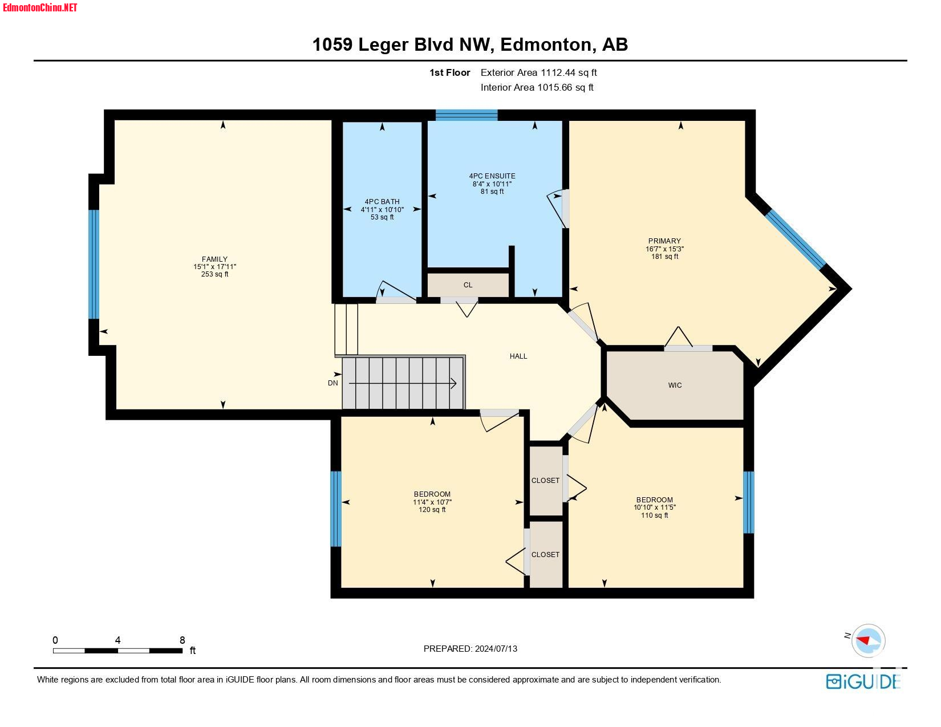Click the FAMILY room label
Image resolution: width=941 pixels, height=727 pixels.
coord(214,259)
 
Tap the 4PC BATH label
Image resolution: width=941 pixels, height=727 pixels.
coord(382,201)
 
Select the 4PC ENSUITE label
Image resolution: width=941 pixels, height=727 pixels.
coord(492,176)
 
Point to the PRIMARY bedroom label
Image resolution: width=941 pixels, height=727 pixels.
coord(664,241)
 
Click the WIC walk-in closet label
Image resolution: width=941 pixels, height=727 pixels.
coord(675,385)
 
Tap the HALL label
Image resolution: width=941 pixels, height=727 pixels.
coord(518,356)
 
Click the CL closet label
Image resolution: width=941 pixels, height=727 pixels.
coord(468,285)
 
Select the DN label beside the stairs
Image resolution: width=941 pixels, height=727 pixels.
coord(332,383)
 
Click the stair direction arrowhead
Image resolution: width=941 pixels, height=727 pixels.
coord(453,383)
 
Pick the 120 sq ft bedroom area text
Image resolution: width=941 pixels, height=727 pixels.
coord(432,510)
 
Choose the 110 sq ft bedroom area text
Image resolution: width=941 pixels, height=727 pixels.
coord(654,515)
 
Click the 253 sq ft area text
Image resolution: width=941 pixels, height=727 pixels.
coord(214,274)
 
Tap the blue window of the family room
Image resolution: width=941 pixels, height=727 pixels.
coord(94,264)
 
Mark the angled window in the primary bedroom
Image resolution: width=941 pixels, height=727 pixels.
coord(796,239)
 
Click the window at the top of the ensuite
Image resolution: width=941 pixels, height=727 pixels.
coord(467,115)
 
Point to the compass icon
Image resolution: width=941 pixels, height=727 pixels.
coord(868,640)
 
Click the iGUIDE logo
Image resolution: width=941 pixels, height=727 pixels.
coord(863,681)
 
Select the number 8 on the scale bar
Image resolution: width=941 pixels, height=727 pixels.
coord(182,640)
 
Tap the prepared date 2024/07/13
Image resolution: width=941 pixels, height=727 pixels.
coord(496,649)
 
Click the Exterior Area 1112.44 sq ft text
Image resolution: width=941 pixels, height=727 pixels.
coord(538,72)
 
